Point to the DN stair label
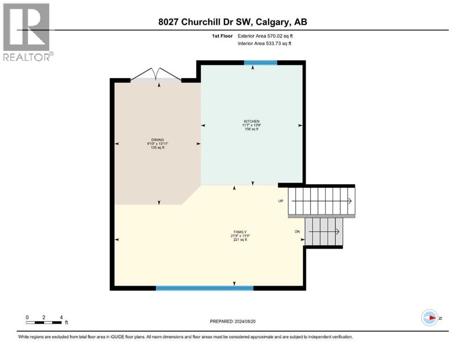(297, 232)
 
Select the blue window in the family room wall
(204, 288)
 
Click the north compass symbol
(429, 317)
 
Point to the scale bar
(44, 322)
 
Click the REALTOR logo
(27, 32)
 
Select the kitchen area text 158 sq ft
(251, 129)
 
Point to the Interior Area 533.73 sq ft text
(265, 44)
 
